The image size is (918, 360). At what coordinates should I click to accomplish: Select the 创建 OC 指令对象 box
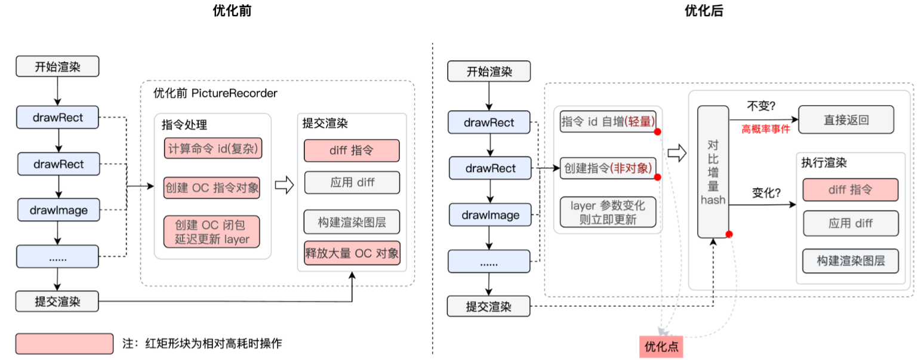[212, 187]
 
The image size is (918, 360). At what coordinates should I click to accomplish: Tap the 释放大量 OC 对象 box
[352, 253]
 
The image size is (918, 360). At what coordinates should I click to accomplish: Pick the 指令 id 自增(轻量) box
[608, 121]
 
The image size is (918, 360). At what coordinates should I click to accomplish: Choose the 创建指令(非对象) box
[608, 168]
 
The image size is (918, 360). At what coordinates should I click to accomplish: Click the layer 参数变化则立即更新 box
[608, 212]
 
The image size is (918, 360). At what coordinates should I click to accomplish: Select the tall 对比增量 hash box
[713, 171]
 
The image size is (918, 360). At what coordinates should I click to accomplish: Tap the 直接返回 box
[846, 120]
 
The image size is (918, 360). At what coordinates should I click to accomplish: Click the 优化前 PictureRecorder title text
[215, 93]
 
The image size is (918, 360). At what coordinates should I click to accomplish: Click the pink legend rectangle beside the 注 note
[64, 343]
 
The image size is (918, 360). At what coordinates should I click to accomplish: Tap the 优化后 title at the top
[704, 11]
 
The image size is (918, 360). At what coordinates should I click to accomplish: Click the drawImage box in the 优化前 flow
[57, 210]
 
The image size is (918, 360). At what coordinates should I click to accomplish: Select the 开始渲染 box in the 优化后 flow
[489, 72]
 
